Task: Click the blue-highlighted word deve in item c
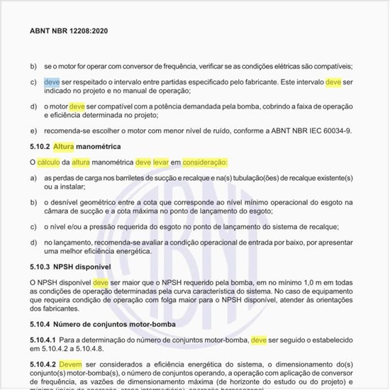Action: [x=51, y=82]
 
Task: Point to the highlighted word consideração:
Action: [x=204, y=162]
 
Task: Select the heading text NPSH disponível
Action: [x=89, y=266]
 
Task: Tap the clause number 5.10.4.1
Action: [x=45, y=340]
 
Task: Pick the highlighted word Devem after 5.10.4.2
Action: [x=70, y=364]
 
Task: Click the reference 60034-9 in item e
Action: [x=336, y=130]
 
